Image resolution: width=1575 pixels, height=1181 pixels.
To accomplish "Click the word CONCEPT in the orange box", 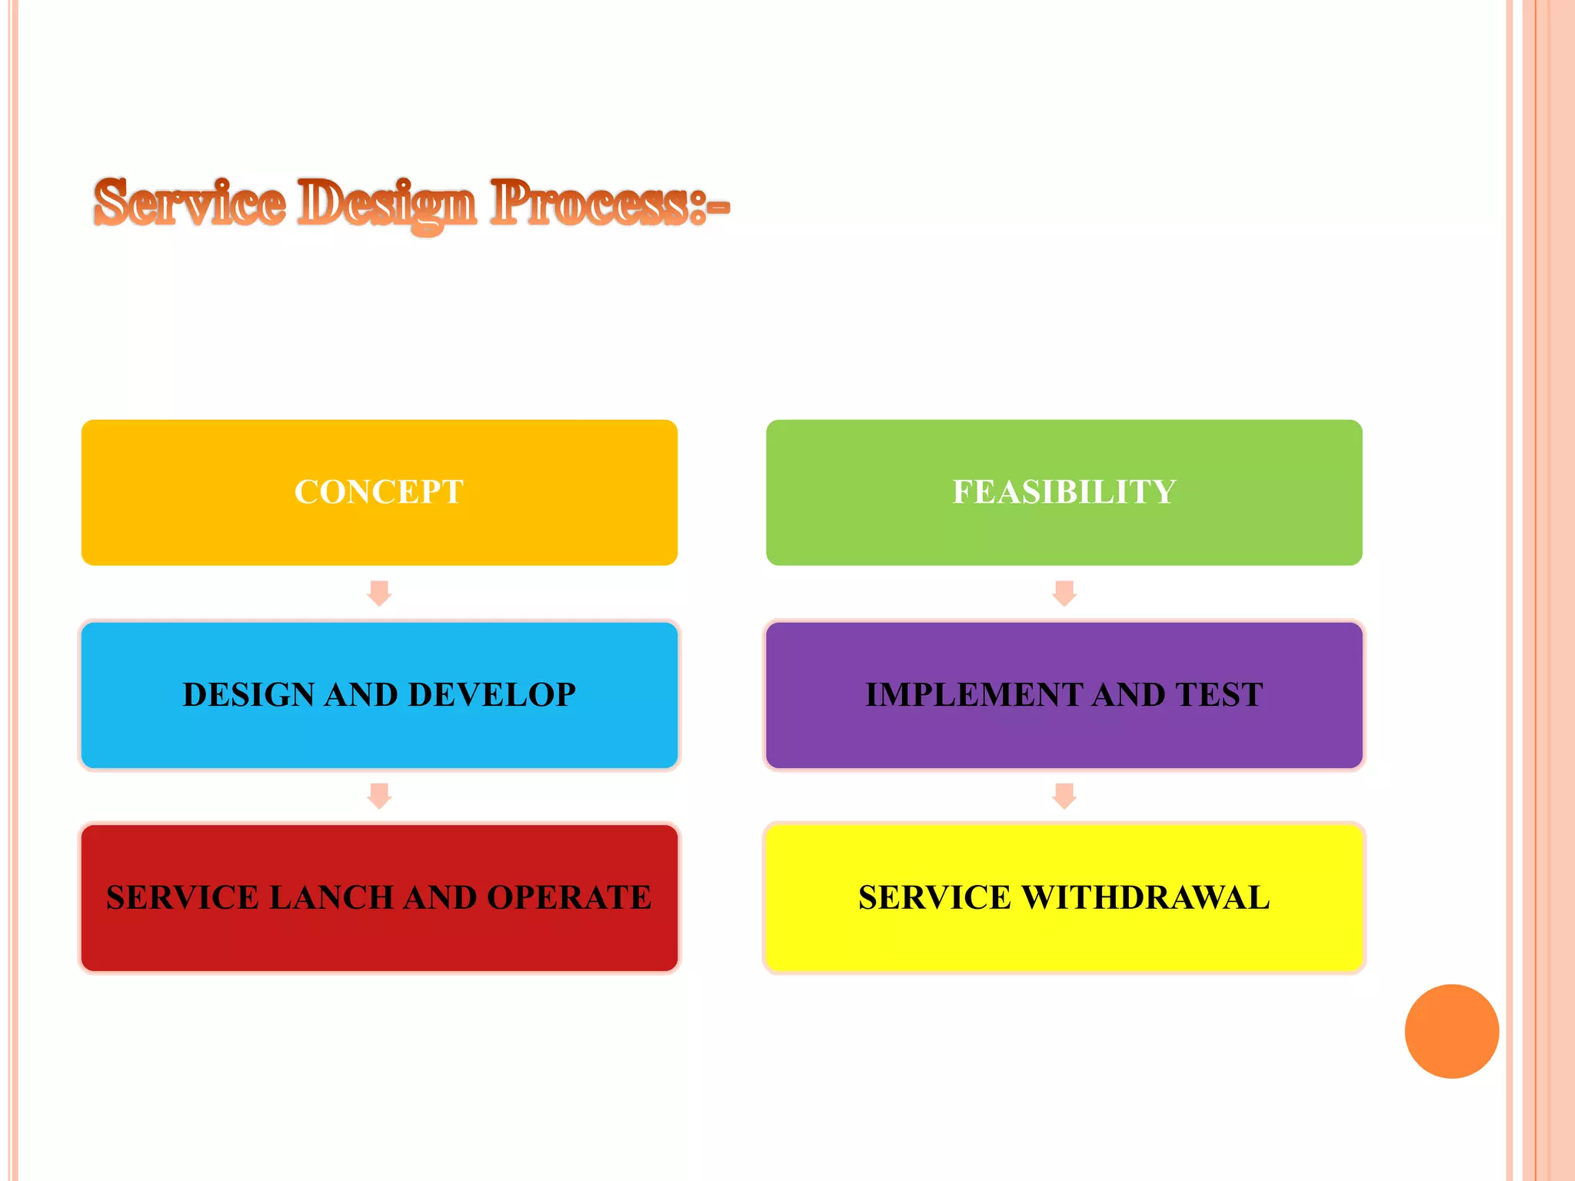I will [x=378, y=492].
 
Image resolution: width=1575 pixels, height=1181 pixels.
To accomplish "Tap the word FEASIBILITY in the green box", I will [x=1064, y=492].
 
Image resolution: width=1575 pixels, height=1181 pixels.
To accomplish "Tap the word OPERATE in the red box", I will [x=569, y=898].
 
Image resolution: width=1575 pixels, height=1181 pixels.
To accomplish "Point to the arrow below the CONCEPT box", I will [x=379, y=594].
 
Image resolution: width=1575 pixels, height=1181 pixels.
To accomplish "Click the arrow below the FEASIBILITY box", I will [x=1064, y=594].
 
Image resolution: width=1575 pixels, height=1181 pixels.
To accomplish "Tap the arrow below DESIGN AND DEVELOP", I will [x=379, y=796].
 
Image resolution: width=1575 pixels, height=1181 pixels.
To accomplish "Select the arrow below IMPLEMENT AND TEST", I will [x=1064, y=796].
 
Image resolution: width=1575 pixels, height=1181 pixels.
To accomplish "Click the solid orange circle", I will [x=1451, y=1031].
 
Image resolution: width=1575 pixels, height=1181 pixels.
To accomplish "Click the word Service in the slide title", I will [x=189, y=203].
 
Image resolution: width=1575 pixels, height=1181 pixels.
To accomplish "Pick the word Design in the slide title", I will [x=387, y=205].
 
